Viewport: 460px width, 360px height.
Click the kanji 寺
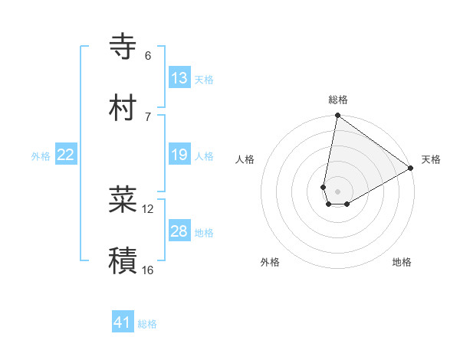123,47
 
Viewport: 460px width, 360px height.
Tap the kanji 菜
123,199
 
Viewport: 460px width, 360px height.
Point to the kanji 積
123,260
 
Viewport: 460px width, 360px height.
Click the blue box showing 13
179,78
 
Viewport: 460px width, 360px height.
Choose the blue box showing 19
179,155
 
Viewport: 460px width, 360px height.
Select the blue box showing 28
179,231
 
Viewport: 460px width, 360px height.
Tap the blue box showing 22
66,155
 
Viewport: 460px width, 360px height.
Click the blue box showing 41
123,322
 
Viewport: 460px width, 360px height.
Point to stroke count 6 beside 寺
148,56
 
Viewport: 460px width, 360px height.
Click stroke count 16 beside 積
148,270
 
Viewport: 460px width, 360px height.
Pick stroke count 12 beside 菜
148,208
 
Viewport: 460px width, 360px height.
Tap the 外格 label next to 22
41,156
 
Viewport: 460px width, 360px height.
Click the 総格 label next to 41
147,324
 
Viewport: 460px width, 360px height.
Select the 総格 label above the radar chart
338,100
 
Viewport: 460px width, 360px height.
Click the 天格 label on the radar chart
431,159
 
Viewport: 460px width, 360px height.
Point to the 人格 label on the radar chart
245,159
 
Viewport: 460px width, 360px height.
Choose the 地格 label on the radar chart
402,262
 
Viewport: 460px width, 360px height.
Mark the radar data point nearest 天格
411,169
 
